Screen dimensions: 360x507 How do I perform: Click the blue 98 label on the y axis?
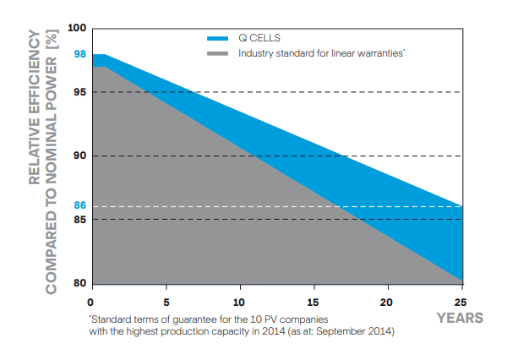coord(80,54)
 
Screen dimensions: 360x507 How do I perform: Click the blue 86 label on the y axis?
coord(80,205)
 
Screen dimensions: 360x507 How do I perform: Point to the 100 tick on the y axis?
coord(78,28)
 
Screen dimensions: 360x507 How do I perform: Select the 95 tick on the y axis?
coord(80,92)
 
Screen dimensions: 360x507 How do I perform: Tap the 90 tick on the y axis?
coord(80,155)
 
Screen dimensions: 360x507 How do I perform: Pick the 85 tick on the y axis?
coord(80,220)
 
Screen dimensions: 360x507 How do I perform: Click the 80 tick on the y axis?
coord(80,283)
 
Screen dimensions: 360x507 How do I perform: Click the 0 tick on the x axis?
coord(90,302)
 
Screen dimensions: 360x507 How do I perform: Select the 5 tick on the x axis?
coord(166,302)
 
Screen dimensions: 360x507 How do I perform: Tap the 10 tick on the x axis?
coord(239,302)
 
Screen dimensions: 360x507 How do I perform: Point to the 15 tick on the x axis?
coord(313,302)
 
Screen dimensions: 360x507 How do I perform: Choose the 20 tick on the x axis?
coord(388,302)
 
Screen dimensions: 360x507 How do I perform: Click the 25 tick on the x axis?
coord(461,302)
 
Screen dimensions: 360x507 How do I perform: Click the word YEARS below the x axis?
coord(460,318)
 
